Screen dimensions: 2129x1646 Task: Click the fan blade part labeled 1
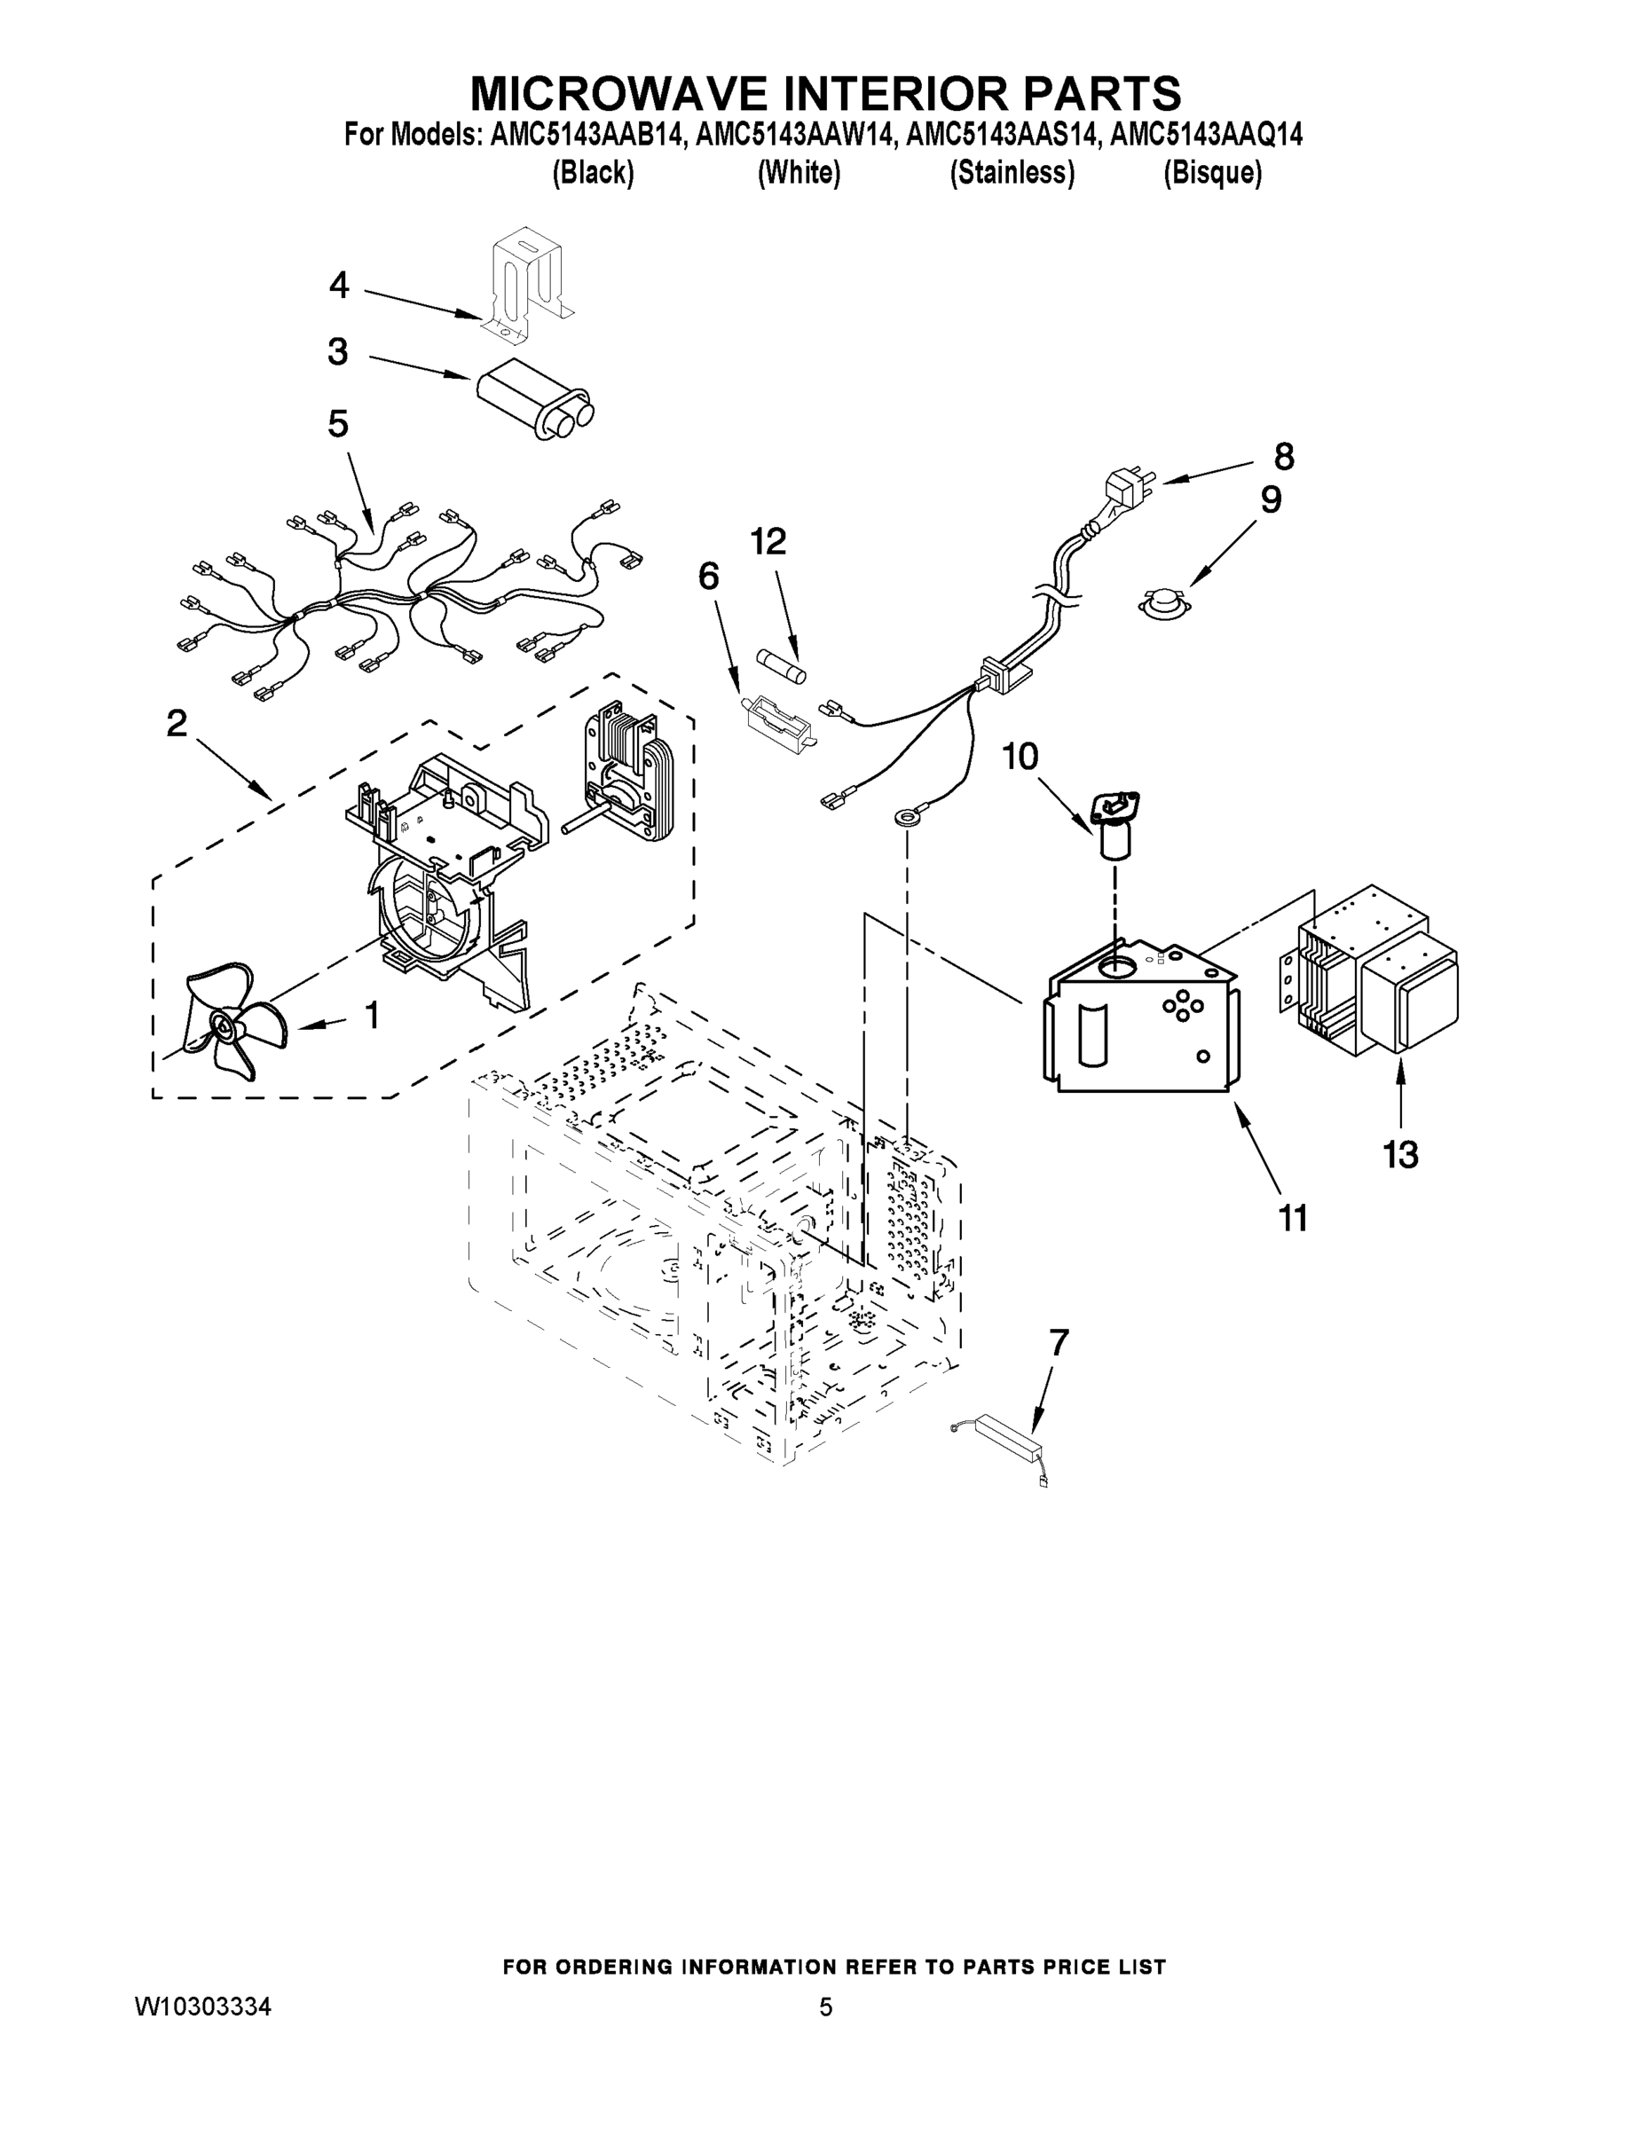tap(230, 1019)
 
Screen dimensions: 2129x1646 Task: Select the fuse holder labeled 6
tap(777, 722)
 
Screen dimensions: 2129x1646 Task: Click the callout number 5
tap(337, 424)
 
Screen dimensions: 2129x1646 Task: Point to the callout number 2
tap(177, 723)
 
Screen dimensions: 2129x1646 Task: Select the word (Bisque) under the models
tap(1212, 174)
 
